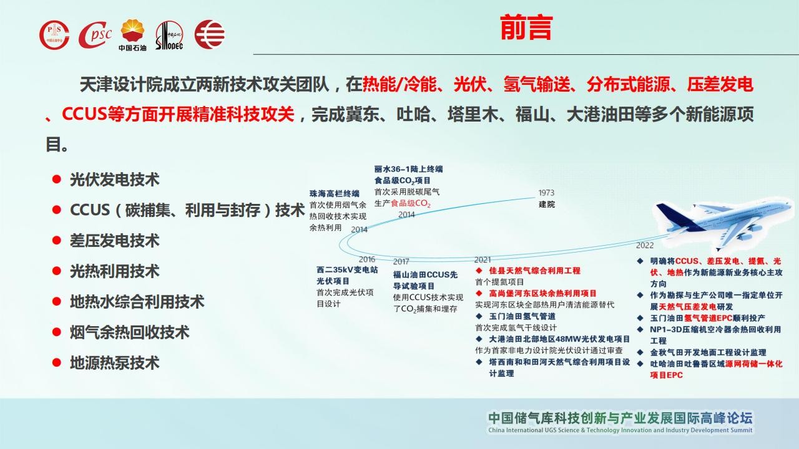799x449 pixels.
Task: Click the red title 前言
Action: click(x=526, y=27)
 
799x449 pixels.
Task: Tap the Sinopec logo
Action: click(x=169, y=35)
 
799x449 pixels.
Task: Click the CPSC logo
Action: click(x=94, y=34)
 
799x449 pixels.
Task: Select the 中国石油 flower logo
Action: click(x=132, y=35)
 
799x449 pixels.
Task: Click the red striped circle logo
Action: click(x=209, y=34)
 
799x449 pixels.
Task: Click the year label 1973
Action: click(x=546, y=193)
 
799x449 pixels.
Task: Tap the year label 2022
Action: click(x=645, y=245)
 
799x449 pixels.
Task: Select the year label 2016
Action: click(x=366, y=259)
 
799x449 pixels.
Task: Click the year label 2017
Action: click(x=401, y=261)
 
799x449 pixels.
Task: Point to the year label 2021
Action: click(x=483, y=260)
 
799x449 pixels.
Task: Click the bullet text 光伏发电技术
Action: click(x=114, y=179)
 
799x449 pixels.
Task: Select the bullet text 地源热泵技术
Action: click(x=114, y=363)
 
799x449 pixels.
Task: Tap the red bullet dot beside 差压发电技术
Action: click(x=56, y=240)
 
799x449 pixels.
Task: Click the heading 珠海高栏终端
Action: click(x=334, y=193)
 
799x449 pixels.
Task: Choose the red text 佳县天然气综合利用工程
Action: click(x=534, y=271)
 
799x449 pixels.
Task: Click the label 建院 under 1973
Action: click(x=546, y=205)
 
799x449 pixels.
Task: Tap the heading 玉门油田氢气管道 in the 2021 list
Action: click(x=522, y=316)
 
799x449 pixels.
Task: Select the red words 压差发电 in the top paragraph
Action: click(x=720, y=84)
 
